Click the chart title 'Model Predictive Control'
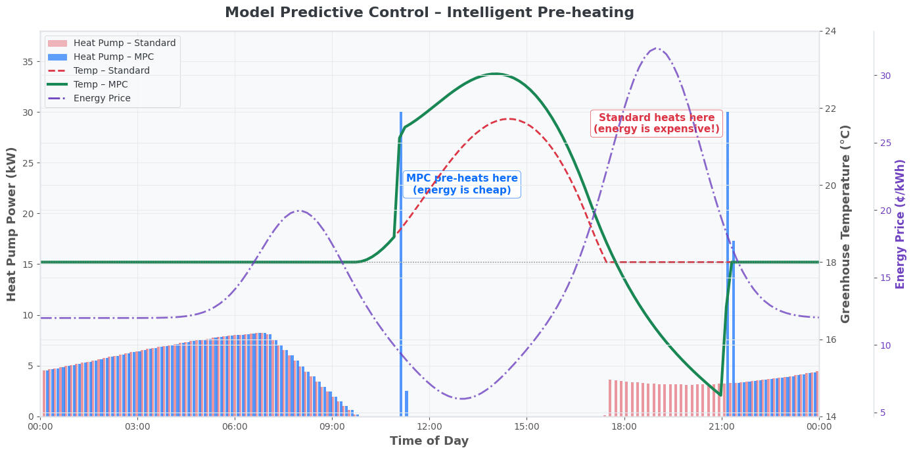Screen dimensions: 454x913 pos(429,13)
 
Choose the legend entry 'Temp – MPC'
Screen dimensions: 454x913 pos(101,85)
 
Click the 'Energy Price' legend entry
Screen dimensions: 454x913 pos(102,99)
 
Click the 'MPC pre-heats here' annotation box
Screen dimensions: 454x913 pos(461,184)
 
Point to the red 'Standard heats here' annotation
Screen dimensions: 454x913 pos(656,123)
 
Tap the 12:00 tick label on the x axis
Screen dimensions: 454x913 pos(429,426)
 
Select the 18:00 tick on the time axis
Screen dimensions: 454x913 pos(624,426)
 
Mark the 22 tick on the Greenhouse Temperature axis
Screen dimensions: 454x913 pos(830,109)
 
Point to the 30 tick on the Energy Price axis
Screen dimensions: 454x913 pos(885,76)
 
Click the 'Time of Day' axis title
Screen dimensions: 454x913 pos(429,441)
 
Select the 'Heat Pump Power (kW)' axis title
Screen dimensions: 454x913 pos(12,224)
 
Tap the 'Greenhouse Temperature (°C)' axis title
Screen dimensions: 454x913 pos(846,224)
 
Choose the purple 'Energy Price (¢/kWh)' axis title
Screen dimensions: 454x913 pos(901,224)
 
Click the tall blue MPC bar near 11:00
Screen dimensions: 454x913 pos(401,263)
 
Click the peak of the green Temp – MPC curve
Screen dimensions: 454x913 pos(495,74)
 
